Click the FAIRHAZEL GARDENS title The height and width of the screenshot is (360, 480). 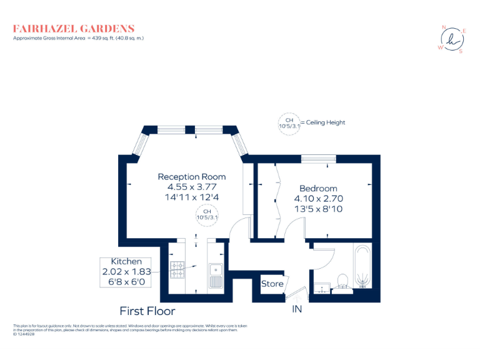[74, 28]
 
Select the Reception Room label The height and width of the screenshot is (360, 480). [191, 177]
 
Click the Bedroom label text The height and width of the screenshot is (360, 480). [318, 188]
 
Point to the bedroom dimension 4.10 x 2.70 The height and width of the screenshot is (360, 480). [318, 199]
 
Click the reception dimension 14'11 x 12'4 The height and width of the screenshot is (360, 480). [191, 197]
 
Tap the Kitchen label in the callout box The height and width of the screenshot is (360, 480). [126, 261]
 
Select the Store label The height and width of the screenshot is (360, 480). [272, 284]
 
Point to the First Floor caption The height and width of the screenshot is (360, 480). [147, 311]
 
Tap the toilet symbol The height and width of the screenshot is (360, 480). [342, 281]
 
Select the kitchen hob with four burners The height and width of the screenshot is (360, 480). [177, 269]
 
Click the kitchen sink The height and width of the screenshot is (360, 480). [216, 275]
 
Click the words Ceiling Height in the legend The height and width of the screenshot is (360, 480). [325, 122]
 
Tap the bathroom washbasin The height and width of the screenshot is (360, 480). [323, 288]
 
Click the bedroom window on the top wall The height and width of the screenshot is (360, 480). [319, 159]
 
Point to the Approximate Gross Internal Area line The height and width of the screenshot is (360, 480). [79, 38]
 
